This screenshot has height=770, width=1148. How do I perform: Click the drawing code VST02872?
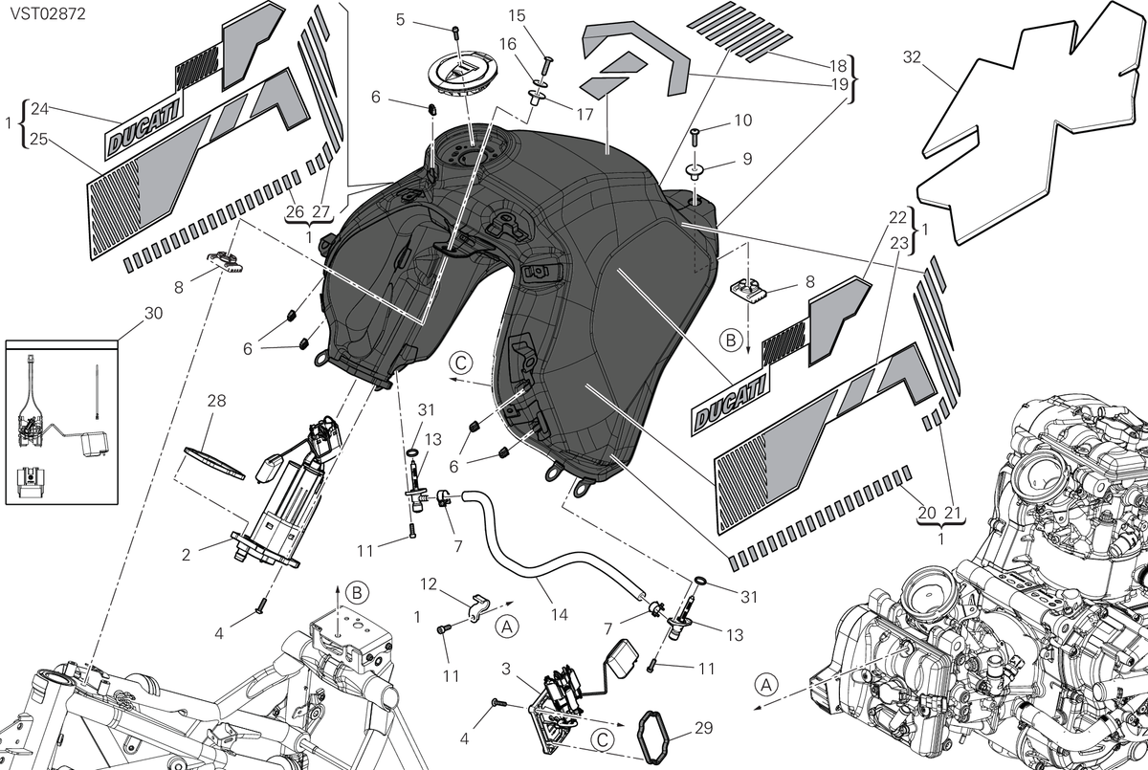click(x=48, y=13)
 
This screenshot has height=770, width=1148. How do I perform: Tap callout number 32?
click(x=912, y=56)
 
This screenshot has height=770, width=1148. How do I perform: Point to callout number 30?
click(x=154, y=313)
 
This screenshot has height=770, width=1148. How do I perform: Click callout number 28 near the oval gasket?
click(x=217, y=400)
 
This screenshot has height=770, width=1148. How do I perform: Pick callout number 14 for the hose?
click(x=560, y=615)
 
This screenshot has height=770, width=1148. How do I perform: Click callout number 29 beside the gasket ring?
click(x=704, y=728)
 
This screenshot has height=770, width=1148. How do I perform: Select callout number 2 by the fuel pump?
click(x=186, y=555)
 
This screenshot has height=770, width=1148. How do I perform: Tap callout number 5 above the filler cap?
click(x=400, y=20)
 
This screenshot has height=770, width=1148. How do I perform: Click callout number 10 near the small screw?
click(x=743, y=121)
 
